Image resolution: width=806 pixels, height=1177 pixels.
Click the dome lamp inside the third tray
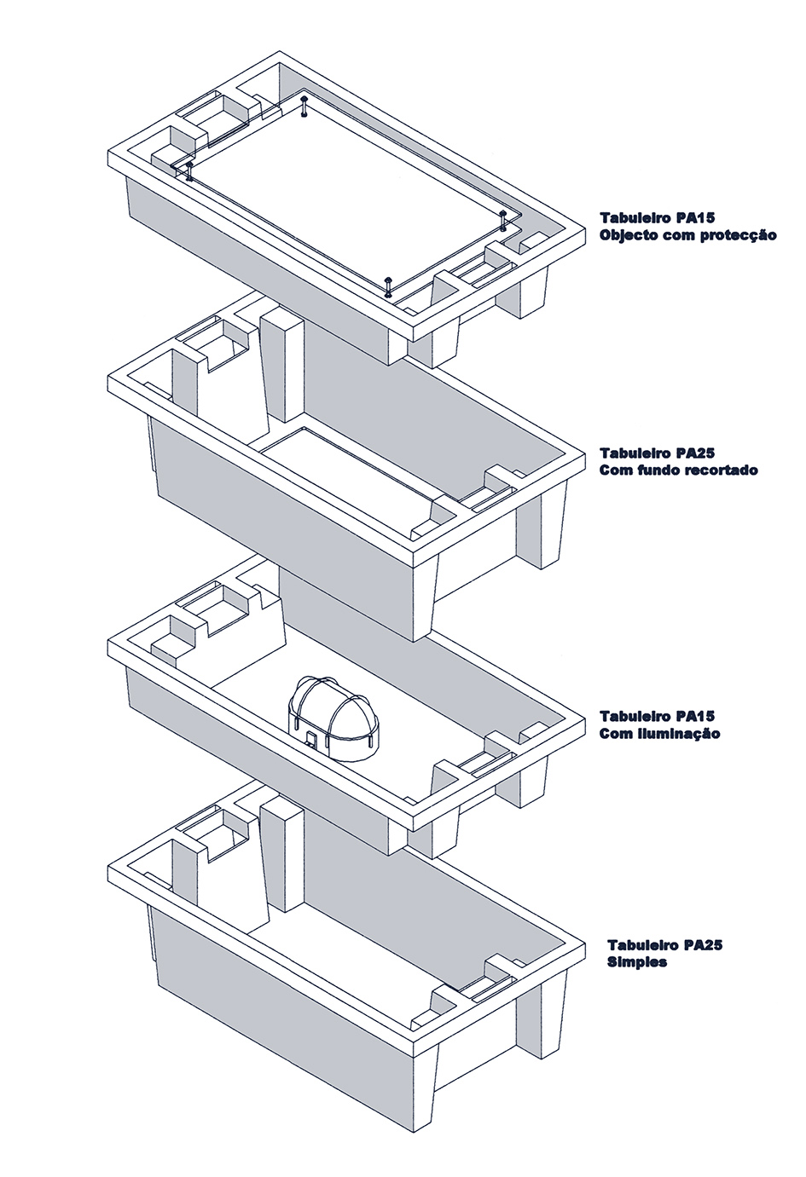pos(333,717)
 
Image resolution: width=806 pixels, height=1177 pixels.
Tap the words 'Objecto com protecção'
pos(688,235)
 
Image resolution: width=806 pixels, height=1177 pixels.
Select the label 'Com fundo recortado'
pos(679,470)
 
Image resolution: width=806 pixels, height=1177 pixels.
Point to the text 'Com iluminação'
pos(660,734)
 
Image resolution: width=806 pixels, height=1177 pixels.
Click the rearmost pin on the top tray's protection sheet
pos(304,107)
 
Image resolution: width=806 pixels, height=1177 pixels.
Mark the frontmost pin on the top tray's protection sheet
pos(389,287)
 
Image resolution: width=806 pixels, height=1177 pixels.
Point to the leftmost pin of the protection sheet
pos(188,170)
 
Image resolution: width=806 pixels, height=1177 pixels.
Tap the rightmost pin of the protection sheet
pos(504,220)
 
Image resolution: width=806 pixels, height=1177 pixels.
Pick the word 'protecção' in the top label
pos(739,235)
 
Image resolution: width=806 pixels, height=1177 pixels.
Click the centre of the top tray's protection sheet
pos(345,196)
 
